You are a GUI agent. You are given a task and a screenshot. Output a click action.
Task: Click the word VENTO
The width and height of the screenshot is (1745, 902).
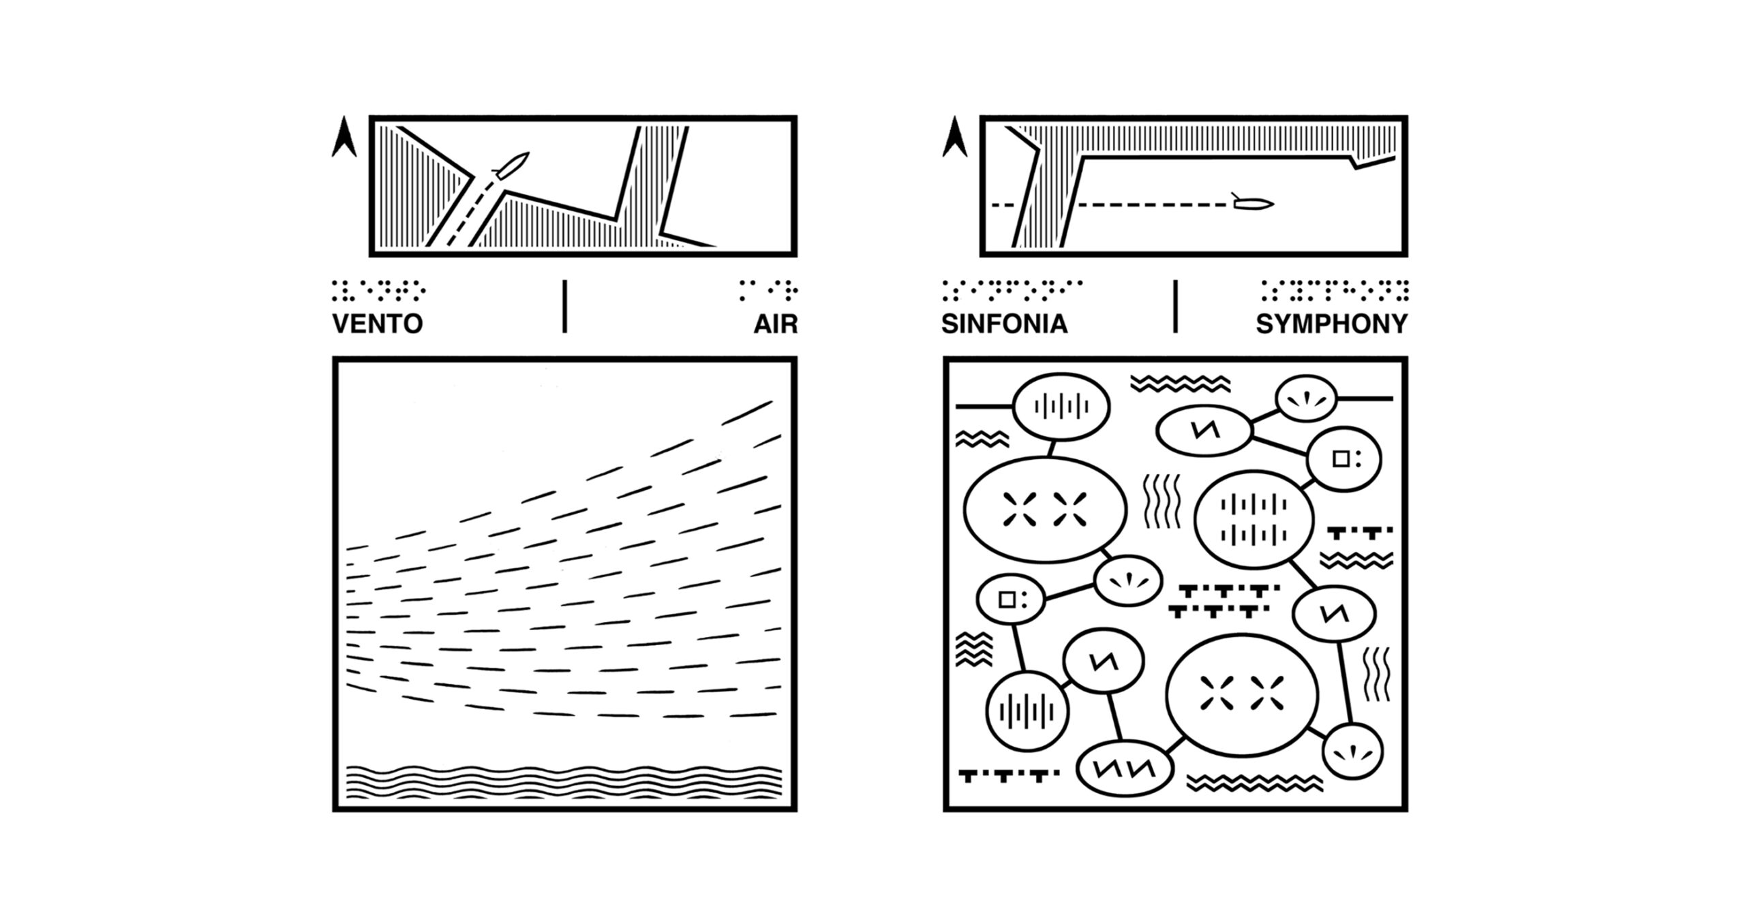[377, 324]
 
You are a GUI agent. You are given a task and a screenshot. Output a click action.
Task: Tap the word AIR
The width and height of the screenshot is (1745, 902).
[775, 324]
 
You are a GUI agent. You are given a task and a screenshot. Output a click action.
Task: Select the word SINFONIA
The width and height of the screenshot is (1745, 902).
[1004, 324]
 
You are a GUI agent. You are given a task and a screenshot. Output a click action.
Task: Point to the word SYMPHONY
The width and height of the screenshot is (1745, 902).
[1331, 324]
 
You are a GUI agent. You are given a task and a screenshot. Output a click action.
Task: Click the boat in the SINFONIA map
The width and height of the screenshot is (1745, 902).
[1252, 202]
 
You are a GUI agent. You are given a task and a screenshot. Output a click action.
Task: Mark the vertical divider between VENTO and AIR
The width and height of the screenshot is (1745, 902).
[564, 306]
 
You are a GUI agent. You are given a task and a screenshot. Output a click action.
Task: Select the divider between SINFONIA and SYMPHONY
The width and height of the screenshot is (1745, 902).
[1175, 306]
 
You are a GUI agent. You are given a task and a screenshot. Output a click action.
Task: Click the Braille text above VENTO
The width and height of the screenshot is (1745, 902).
[378, 290]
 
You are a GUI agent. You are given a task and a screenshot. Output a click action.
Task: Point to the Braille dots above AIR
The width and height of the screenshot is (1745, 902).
[768, 290]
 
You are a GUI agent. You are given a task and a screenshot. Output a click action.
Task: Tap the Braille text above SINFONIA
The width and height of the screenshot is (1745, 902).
[1012, 290]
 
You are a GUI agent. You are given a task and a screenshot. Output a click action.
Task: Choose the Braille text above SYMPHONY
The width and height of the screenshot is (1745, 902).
[1334, 290]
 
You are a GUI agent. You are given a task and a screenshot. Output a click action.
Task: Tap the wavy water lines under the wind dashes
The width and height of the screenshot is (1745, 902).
[564, 781]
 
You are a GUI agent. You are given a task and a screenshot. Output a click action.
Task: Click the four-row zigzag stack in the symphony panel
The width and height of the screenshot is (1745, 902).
[973, 649]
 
